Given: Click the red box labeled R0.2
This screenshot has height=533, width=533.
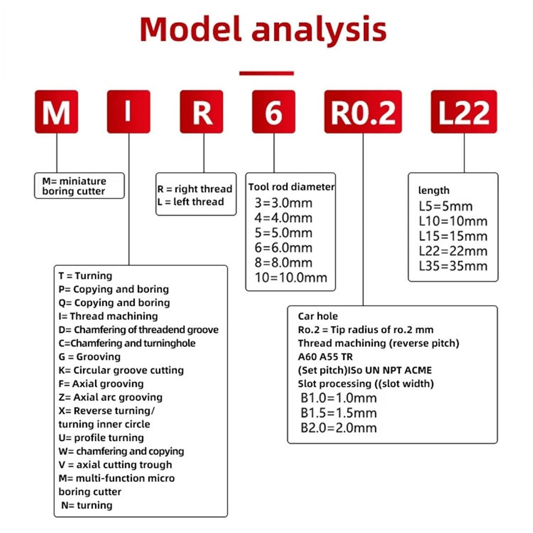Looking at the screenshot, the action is point(363,111).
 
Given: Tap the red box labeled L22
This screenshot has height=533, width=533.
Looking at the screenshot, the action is point(464,111).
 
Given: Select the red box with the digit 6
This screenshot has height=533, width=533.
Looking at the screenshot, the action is point(274,111).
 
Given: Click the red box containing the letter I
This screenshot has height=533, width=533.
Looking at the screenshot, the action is point(129,111).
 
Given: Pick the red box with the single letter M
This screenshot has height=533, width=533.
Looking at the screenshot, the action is point(56,111).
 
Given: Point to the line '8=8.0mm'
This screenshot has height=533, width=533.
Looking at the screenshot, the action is point(284,262).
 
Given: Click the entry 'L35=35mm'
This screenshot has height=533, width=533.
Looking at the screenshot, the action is point(453,266).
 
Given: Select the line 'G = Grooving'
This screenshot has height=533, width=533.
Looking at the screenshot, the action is point(90,357).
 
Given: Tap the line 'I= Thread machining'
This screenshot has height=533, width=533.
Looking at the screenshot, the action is point(108,316).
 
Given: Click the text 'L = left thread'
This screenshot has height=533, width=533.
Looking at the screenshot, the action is point(191,201).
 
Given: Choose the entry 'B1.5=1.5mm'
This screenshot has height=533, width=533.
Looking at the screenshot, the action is point(338,413).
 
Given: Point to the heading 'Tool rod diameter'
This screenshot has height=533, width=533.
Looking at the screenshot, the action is point(291,187).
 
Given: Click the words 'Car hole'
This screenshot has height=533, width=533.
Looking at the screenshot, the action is point(318,316).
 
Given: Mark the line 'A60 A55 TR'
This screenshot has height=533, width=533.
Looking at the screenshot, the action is point(325,357).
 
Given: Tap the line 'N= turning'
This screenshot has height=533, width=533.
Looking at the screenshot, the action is point(87,505).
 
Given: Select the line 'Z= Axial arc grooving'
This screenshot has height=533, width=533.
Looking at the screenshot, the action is point(110,397).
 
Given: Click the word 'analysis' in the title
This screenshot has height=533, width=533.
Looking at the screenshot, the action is point(319,29).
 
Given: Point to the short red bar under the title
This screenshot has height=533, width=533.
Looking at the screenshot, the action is point(266,73).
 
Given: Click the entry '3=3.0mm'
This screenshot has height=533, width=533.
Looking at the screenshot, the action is point(284,202).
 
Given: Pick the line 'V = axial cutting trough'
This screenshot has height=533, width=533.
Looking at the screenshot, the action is point(115,465).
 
